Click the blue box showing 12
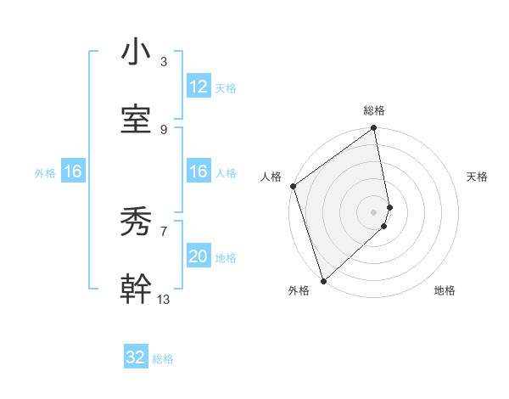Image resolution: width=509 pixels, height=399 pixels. pos(199,87)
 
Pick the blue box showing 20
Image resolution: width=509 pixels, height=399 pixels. pos(199,256)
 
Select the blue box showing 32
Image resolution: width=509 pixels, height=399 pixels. pos(136,357)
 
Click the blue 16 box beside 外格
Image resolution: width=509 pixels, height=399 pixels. pos(73,172)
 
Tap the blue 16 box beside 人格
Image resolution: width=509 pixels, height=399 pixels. pos(199,172)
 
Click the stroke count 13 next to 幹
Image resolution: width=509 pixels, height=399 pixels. pos(164,299)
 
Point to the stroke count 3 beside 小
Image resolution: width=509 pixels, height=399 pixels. pos(163,61)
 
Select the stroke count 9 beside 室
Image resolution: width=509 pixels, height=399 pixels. pos(163,129)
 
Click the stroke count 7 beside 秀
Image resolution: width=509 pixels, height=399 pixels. pos(163,231)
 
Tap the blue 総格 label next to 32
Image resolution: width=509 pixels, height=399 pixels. pos(163,359)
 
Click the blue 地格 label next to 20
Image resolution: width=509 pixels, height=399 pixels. pos(226,258)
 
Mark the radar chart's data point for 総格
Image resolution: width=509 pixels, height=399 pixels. pos(373,129)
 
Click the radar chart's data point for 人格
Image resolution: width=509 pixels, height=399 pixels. pos(293,186)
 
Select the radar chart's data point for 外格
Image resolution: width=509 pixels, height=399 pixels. pos(323,280)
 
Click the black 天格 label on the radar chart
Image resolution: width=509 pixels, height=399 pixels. pos(478,177)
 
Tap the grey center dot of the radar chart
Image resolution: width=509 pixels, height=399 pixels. pos(373,211)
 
